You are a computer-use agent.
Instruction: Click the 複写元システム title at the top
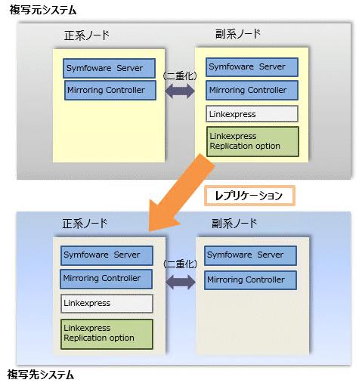coord(43,10)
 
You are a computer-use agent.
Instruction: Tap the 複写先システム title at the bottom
coord(40,375)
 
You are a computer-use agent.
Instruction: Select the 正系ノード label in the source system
coord(87,35)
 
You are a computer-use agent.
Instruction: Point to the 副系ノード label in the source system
coord(238,34)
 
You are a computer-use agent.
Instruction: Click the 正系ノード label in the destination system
coord(85,224)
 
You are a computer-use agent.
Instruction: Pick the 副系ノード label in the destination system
coord(234,224)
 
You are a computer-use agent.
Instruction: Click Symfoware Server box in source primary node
coord(109,68)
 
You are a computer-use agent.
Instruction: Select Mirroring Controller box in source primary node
coord(110,90)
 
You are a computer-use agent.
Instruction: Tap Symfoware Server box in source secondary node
coord(252,67)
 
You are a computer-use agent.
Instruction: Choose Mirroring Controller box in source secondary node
coord(252,90)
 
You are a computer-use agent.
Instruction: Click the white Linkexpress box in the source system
coord(252,114)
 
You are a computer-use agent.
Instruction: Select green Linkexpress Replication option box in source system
coord(252,141)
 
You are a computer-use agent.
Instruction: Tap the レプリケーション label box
coord(249,196)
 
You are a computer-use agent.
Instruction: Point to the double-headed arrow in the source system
coord(180,91)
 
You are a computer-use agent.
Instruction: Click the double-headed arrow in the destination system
coord(181,282)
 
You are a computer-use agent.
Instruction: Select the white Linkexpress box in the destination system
coord(107,304)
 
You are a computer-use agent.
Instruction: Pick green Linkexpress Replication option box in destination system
coord(107,334)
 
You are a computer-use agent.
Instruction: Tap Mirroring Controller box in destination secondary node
coord(250,280)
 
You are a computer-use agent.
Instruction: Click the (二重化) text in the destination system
coord(180,264)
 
